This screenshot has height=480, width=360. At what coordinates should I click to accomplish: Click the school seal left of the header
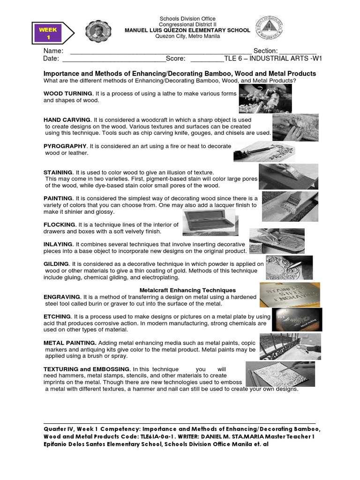click(98, 31)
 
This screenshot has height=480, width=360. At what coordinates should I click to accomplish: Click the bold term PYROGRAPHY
click(65, 146)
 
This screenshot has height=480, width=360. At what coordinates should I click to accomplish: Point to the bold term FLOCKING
click(59, 225)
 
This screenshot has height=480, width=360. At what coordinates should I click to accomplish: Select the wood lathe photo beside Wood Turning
click(259, 98)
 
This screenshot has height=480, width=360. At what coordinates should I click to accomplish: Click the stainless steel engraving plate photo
click(290, 294)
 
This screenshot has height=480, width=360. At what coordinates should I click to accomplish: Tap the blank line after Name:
click(159, 51)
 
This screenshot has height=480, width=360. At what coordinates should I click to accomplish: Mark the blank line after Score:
click(207, 59)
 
